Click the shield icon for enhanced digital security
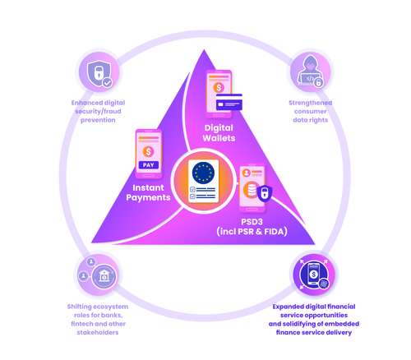coord(99,72)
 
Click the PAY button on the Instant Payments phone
coord(148,165)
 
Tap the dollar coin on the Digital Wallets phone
coord(219,88)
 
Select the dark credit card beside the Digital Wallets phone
coord(229,104)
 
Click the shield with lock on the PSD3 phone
coord(264,194)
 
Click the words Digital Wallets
coord(218,133)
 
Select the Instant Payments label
coord(148,192)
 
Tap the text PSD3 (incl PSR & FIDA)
coord(252,227)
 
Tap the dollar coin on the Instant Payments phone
coord(148,151)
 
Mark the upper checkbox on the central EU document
coord(192,190)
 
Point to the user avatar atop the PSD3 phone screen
coord(246,173)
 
